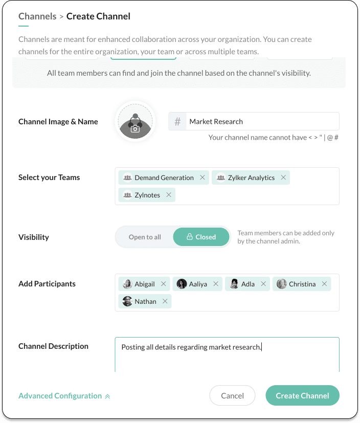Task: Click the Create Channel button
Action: click(x=302, y=395)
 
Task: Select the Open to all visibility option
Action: click(x=145, y=237)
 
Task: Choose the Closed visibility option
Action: click(x=201, y=237)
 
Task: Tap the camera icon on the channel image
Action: click(x=135, y=129)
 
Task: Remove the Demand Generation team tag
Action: click(x=202, y=178)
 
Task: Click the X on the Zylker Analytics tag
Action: click(x=283, y=178)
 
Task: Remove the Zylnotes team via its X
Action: click(x=169, y=195)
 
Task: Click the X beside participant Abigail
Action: click(x=164, y=284)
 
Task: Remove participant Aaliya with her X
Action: click(x=216, y=284)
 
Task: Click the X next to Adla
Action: click(x=263, y=284)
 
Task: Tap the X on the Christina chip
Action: click(x=324, y=284)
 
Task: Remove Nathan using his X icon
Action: click(x=165, y=302)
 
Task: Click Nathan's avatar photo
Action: click(x=127, y=302)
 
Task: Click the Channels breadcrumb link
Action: click(x=37, y=16)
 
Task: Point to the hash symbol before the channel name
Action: click(x=177, y=122)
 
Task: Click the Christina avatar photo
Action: click(x=281, y=284)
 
